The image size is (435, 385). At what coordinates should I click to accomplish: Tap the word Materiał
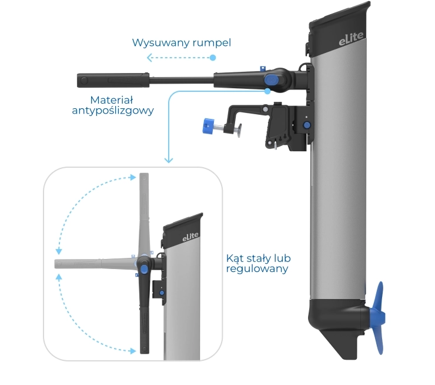tap(112, 100)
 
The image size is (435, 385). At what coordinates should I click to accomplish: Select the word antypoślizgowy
tap(113, 111)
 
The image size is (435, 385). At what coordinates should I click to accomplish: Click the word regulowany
tap(257, 269)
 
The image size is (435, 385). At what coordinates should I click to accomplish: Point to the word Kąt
tap(235, 258)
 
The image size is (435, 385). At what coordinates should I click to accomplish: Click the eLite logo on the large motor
tap(351, 38)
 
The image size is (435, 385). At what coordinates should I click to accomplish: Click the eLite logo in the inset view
tap(190, 237)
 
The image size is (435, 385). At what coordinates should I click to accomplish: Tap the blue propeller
tap(377, 318)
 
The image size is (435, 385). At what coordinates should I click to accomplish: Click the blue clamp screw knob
tap(208, 126)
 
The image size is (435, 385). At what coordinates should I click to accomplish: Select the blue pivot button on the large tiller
tap(272, 80)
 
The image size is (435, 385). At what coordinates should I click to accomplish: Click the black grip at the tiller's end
tap(113, 80)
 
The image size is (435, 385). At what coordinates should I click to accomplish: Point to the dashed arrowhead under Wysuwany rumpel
tap(149, 58)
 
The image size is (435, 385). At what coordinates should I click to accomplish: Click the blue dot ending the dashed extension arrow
tap(213, 58)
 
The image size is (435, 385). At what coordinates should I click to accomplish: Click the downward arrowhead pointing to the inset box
tap(169, 160)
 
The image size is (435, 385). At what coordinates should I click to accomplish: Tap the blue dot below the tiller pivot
tap(267, 91)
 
